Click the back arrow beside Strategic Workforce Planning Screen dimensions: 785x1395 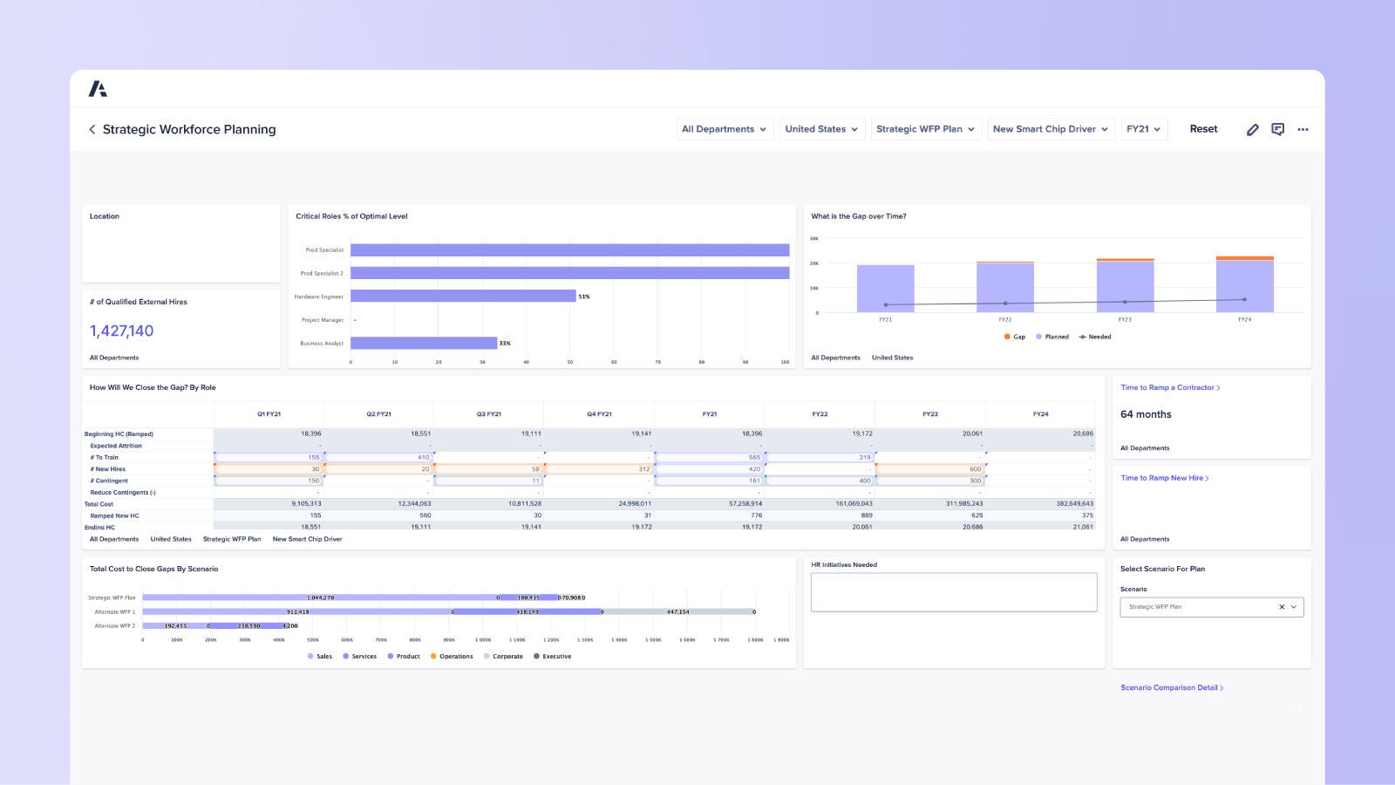[92, 129]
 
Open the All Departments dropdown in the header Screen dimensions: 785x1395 [725, 129]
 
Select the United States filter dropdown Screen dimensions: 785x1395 [821, 129]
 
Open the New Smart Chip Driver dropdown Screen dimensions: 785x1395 [1051, 129]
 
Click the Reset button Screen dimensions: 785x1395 [1203, 129]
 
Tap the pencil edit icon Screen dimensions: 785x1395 [1252, 129]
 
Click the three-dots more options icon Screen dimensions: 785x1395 [1303, 129]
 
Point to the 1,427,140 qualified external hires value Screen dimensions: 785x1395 [121, 331]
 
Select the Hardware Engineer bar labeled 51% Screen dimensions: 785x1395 [463, 297]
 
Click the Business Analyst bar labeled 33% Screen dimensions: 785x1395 [424, 343]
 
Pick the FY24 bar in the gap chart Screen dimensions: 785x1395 [1244, 285]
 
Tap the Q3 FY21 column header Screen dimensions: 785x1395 [488, 414]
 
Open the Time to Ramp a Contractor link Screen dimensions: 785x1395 [1169, 387]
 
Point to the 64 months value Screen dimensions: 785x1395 [1146, 414]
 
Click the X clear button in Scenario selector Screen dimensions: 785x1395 [1281, 607]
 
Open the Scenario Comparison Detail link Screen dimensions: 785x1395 [1171, 687]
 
